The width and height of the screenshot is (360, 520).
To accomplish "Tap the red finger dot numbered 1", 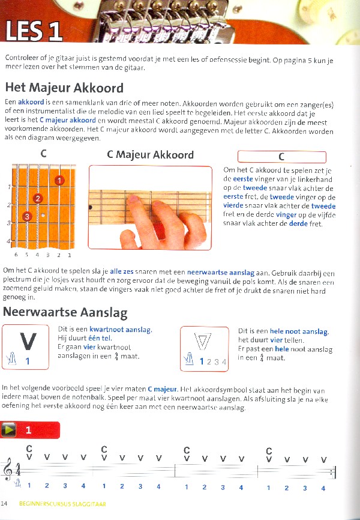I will point(59,180).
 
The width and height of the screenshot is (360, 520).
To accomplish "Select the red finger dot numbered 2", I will point(38,198).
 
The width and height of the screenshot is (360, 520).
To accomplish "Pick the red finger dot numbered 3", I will point(26,216).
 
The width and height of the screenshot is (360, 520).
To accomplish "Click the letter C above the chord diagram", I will point(43,154).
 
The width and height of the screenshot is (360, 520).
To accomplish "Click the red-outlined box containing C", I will point(281,157).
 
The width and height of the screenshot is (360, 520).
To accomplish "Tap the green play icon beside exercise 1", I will point(9,430).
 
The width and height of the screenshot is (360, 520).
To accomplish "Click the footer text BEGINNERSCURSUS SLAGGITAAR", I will point(62,503).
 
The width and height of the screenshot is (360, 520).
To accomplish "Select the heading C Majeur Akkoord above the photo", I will point(150,154).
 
